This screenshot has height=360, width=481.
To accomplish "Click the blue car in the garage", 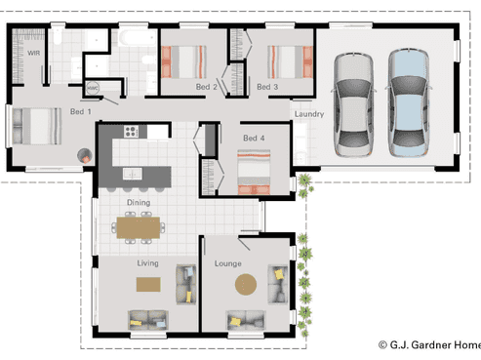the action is click(409, 102).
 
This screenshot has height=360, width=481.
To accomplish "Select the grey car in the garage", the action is click(353, 104).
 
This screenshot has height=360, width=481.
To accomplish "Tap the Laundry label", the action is click(309, 114).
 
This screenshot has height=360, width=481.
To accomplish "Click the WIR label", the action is click(34, 53).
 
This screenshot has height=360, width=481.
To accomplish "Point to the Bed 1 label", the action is click(81, 111).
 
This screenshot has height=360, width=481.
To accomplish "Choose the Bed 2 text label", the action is click(206, 87).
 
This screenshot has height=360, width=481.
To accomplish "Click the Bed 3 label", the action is click(267, 87).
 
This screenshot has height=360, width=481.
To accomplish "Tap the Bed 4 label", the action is click(254, 139).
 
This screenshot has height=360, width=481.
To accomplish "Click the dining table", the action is click(139, 227).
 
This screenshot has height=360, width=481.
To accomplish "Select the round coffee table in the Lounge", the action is click(246, 284).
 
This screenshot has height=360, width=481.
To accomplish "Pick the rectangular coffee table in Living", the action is click(148, 284).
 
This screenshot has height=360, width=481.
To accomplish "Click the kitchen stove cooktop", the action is click(131, 132).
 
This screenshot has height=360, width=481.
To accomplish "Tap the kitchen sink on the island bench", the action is click(132, 174).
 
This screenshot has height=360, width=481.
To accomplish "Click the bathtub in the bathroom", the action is click(138, 38).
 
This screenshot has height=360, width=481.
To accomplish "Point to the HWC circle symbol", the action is click(93, 88).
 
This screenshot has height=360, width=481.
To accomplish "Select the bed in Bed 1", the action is click(37, 126).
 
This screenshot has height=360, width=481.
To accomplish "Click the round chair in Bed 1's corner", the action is click(85, 156).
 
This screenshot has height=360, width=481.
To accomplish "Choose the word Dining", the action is click(139, 203).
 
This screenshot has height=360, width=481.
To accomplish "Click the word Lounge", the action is click(228, 263).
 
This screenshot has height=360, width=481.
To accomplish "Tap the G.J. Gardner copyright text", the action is click(429, 344).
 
